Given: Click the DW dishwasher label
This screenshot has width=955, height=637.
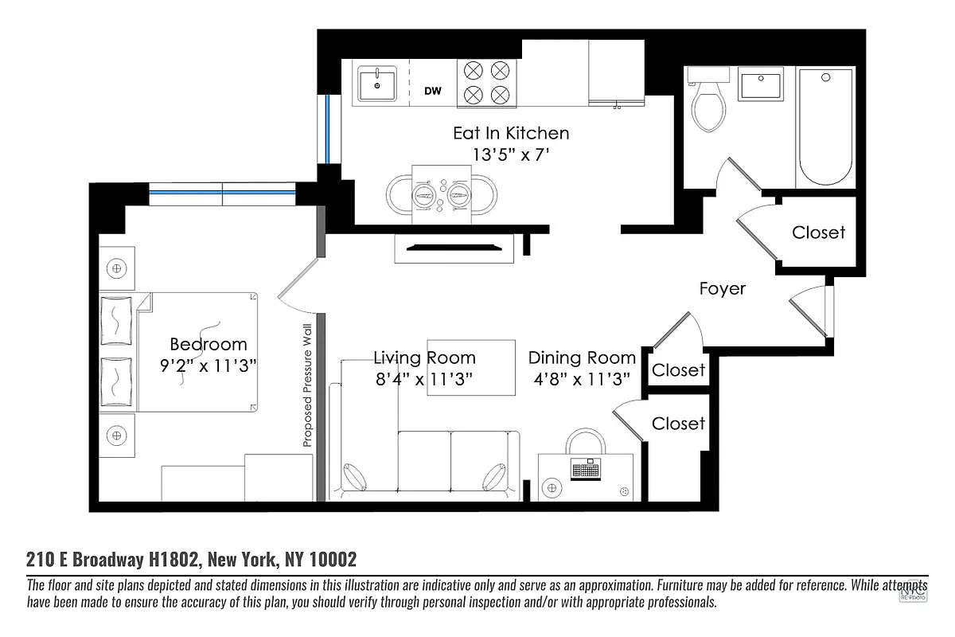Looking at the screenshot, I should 432,92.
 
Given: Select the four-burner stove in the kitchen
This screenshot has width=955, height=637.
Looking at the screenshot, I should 486,84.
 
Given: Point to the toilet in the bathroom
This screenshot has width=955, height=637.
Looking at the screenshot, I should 708,104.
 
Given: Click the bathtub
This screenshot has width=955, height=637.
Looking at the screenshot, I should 825,127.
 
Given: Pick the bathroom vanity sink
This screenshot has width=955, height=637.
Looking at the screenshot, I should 761,84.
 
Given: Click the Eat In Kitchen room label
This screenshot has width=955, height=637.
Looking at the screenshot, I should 511,133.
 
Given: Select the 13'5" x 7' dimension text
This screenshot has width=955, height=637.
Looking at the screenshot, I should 511,155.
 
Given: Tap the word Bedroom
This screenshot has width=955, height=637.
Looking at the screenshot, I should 209,345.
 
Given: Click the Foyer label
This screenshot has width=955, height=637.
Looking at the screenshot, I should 722,288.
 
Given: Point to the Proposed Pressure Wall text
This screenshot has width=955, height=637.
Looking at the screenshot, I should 307,389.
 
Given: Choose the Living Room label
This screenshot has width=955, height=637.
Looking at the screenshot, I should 424,358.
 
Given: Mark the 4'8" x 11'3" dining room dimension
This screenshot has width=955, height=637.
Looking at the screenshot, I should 582,379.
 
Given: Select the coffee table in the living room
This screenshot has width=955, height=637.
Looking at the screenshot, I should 471,369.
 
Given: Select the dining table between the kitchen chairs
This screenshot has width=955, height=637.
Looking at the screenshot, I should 442,193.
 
